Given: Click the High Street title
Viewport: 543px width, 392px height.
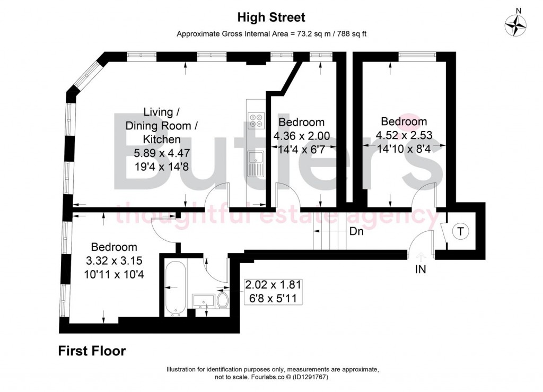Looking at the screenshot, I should (x=271, y=18).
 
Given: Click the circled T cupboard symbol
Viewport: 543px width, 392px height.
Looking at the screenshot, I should (x=460, y=231).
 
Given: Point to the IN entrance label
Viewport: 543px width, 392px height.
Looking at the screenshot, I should (x=420, y=269).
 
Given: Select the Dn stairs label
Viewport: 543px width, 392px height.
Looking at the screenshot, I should (x=356, y=231).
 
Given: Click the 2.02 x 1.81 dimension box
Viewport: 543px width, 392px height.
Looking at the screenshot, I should (x=273, y=291).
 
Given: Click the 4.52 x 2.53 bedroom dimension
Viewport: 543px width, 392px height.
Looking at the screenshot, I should (x=404, y=135).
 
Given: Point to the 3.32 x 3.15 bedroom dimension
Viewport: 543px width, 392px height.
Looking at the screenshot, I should (x=114, y=260).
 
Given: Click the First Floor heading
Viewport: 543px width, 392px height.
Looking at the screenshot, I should (x=92, y=351).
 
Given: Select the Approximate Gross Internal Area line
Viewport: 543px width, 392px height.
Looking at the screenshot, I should (x=271, y=34).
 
